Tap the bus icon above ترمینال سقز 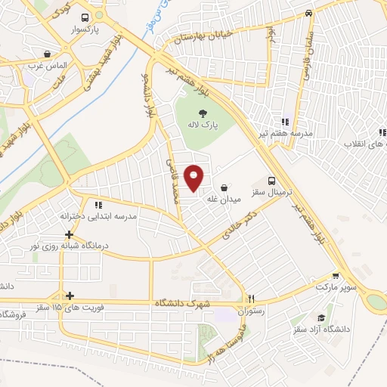click(x=271, y=181)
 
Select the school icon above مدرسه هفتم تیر click(x=285, y=121)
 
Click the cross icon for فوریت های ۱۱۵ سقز click(x=70, y=296)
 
